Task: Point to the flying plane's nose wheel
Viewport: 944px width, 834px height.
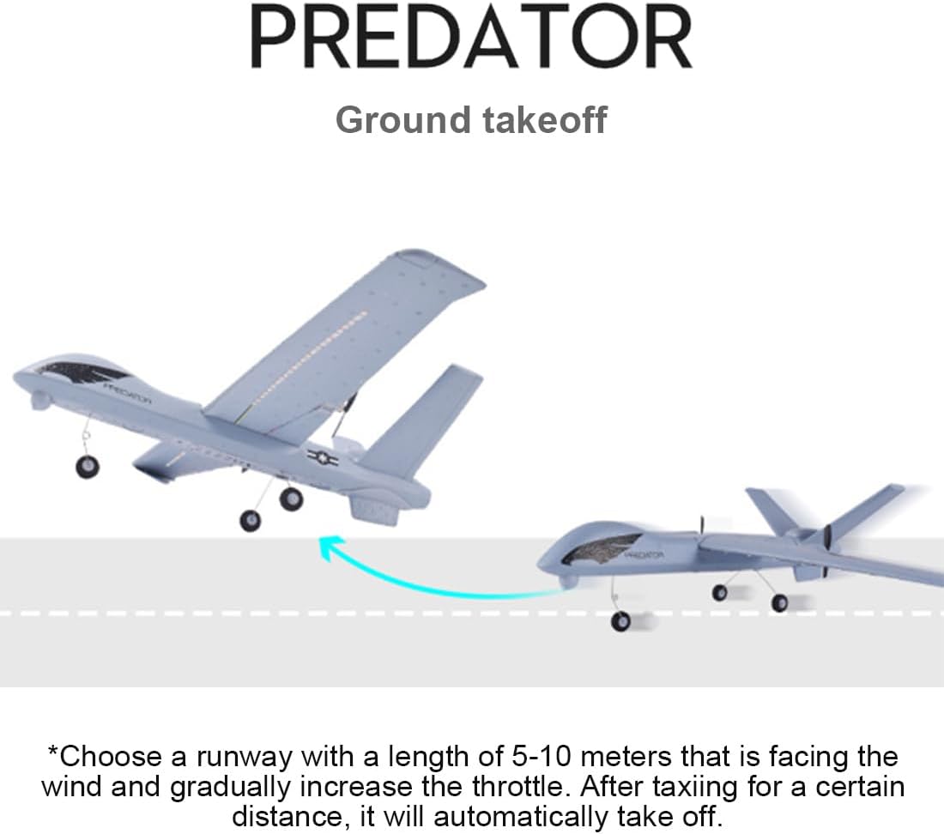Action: [87, 466]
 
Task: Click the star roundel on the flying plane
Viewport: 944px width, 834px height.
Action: [323, 458]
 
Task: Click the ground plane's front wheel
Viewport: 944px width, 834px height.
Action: [620, 620]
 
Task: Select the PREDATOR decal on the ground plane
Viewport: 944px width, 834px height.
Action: [644, 555]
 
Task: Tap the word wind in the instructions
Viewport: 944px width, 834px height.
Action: [70, 786]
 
